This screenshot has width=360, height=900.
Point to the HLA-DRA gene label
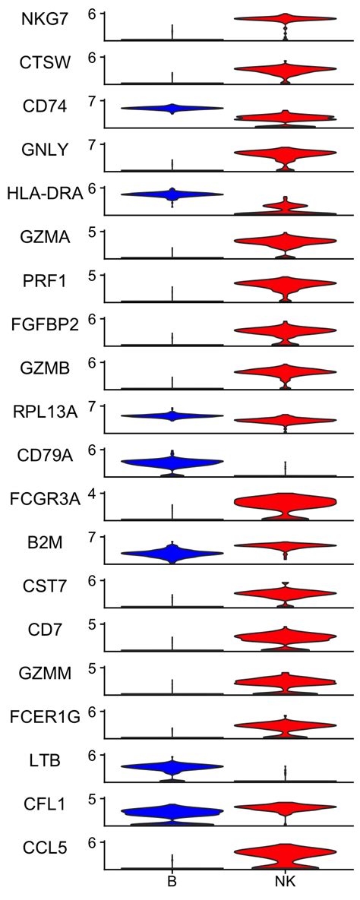(44, 194)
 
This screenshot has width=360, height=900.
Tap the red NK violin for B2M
(285, 545)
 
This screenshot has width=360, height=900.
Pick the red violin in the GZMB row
(285, 371)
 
